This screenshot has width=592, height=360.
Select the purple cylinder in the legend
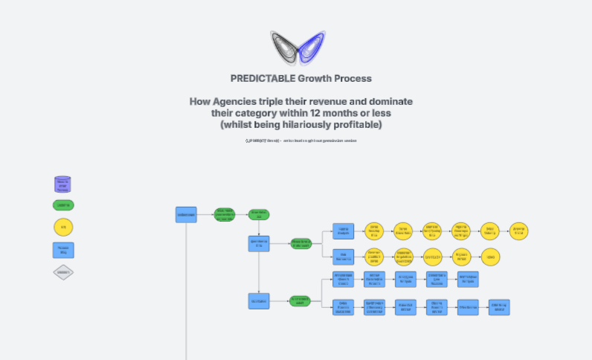pyautogui.click(x=63, y=184)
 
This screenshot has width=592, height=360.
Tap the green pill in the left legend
pyautogui.click(x=63, y=205)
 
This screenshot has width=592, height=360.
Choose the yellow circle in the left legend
pyautogui.click(x=63, y=227)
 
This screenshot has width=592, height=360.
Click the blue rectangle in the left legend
pyautogui.click(x=63, y=250)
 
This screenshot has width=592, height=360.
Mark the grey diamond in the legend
pyautogui.click(x=63, y=272)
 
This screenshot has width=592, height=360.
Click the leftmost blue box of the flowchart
pyautogui.click(x=186, y=215)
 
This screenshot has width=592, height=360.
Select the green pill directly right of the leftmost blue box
pyautogui.click(x=225, y=215)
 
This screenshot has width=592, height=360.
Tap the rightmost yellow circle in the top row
pyautogui.click(x=519, y=231)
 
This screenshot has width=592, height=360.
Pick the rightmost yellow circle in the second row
pyautogui.click(x=490, y=257)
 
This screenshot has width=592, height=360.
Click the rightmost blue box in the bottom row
pyautogui.click(x=498, y=307)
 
